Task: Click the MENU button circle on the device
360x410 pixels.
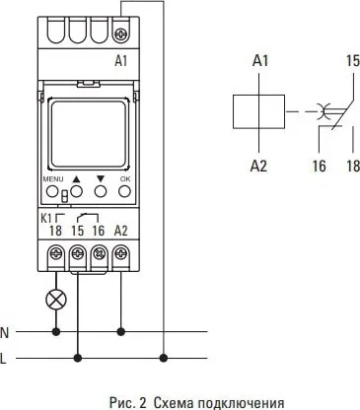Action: pyautogui.click(x=52, y=191)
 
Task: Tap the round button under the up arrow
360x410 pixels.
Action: pyautogui.click(x=76, y=191)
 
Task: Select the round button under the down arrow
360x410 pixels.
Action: pyautogui.click(x=101, y=191)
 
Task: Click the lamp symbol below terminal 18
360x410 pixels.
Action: pyautogui.click(x=56, y=300)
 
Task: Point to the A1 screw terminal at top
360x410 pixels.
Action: pyautogui.click(x=121, y=34)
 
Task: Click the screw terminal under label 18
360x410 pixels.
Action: pyautogui.click(x=56, y=254)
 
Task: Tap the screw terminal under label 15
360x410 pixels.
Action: pyautogui.click(x=78, y=254)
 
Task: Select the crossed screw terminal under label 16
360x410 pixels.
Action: pyautogui.click(x=100, y=254)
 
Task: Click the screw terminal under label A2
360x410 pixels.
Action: pyautogui.click(x=121, y=254)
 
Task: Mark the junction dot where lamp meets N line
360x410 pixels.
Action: pyautogui.click(x=56, y=332)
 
